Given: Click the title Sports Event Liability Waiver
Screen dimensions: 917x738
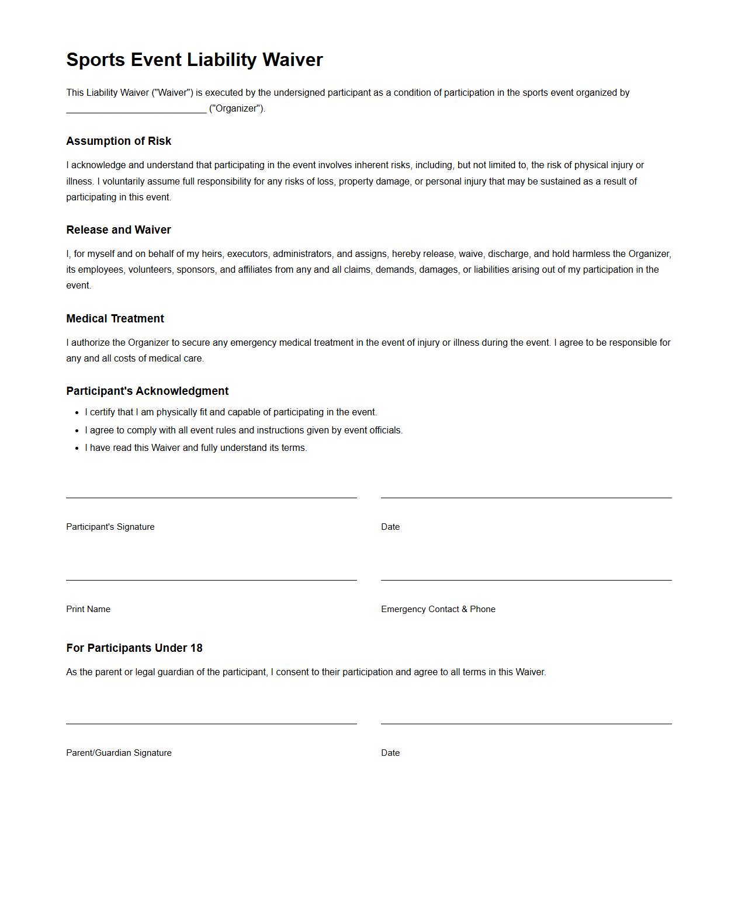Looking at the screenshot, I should (194, 60).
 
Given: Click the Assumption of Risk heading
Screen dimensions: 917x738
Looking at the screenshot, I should (119, 141).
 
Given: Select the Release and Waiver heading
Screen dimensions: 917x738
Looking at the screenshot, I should (119, 230).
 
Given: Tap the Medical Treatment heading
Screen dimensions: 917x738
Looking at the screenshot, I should (115, 318).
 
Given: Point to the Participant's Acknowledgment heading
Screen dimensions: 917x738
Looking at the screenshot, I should (147, 391).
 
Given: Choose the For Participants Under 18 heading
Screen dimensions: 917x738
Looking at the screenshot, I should (134, 648).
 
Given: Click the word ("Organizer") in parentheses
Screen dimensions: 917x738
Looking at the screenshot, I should (237, 109).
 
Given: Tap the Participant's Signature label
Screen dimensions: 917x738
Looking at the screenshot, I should (110, 527).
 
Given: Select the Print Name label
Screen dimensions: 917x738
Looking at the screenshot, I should (88, 609).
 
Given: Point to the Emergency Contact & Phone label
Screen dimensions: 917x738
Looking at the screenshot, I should (438, 609).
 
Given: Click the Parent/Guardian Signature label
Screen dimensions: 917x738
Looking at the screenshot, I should (119, 753).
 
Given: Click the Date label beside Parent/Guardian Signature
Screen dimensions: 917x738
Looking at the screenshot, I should (390, 753).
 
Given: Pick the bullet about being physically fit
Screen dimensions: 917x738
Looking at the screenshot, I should (231, 412).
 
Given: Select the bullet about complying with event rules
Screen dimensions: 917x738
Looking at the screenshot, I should (244, 430).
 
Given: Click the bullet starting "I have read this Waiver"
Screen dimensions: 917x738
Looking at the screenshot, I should (196, 448).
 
